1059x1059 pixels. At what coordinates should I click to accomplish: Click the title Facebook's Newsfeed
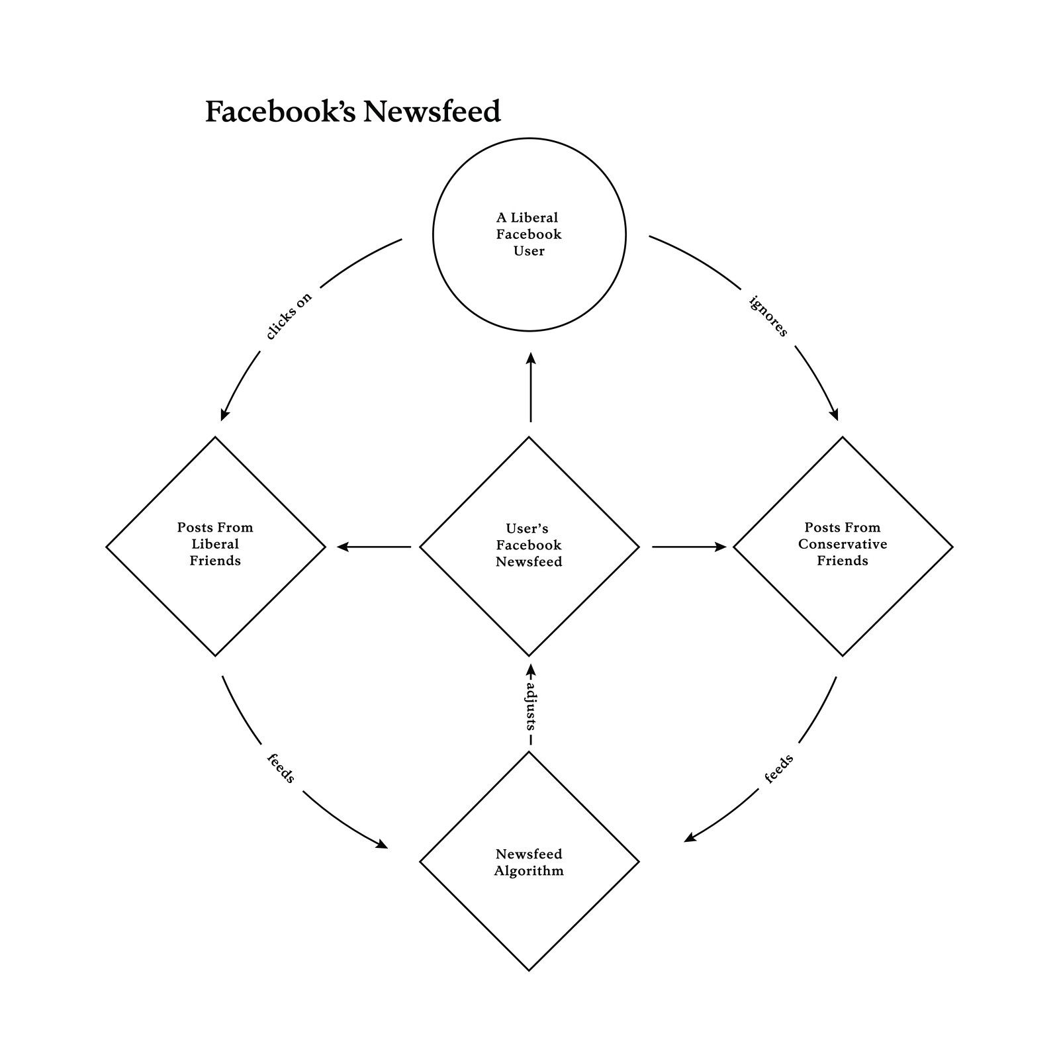pos(353,112)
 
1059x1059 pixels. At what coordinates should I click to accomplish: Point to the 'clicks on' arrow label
pos(289,316)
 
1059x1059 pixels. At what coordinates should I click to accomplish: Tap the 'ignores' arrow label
pos(768,316)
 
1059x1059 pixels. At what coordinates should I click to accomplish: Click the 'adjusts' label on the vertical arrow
pos(530,706)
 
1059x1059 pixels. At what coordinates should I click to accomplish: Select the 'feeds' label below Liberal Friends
pos(281,768)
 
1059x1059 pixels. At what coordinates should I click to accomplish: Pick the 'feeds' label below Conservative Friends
pos(779,768)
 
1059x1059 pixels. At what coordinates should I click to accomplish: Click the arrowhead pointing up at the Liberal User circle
pos(530,359)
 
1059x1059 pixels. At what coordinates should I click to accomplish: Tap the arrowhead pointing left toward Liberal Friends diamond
pos(344,547)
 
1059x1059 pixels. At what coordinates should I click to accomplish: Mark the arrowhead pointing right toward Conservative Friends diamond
pos(719,547)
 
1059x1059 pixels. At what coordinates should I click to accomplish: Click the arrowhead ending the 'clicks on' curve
pos(225,414)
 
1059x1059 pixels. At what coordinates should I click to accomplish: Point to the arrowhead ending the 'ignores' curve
pos(833,414)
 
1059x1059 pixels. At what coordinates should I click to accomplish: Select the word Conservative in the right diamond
pos(843,544)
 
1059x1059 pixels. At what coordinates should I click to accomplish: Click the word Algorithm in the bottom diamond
pos(529,871)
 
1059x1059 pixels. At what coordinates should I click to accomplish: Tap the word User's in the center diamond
pos(528,529)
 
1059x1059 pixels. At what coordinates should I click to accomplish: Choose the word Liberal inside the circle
pos(534,218)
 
